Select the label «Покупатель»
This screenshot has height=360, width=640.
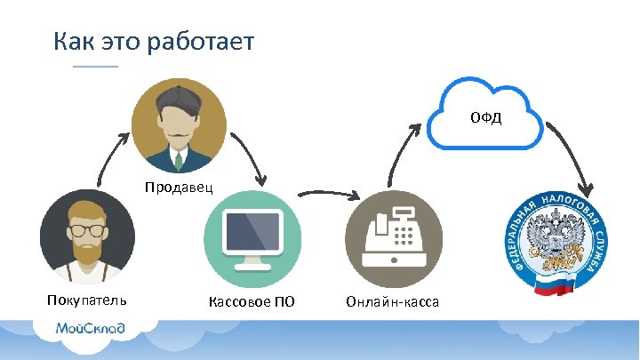(87, 300)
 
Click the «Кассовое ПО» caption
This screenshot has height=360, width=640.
(252, 302)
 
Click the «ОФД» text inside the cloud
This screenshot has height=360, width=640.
(485, 117)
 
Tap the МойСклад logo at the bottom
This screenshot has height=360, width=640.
(90, 328)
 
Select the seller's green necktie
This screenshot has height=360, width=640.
(179, 160)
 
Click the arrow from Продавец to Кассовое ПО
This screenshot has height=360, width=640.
(252, 160)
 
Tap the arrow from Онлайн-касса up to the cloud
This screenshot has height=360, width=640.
(400, 151)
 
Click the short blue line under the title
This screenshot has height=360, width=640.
(95, 67)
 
